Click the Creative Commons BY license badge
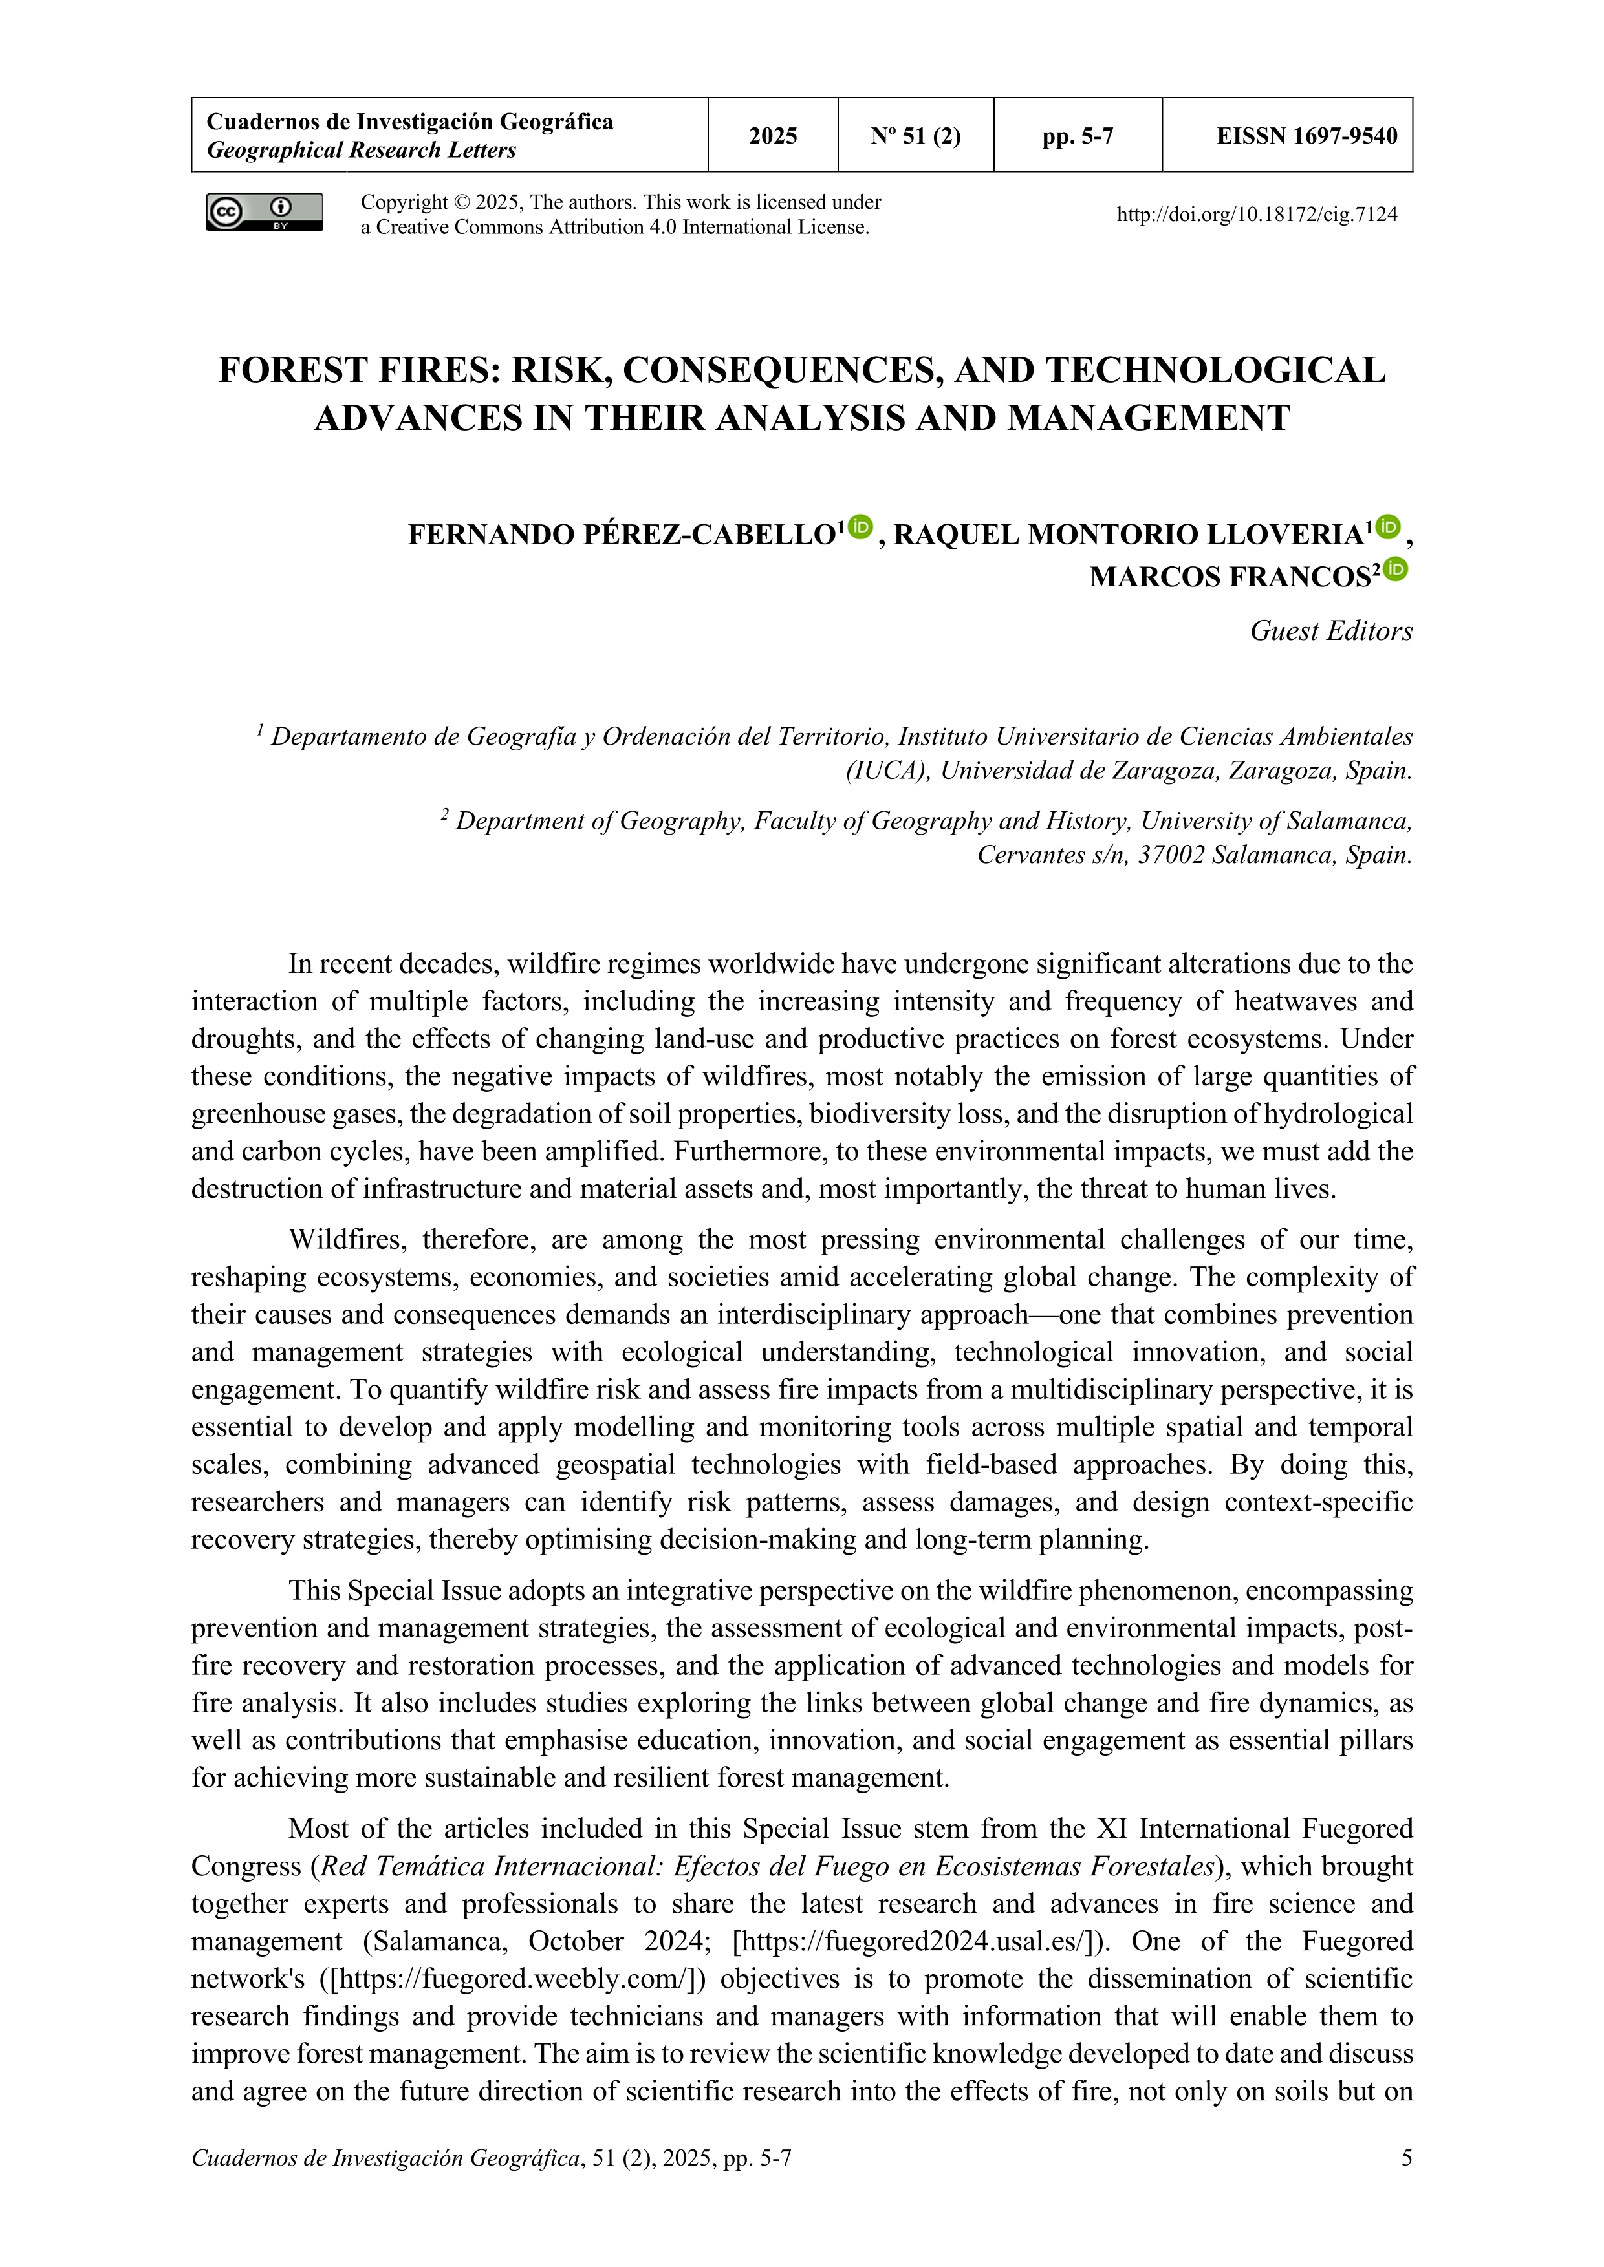[264, 212]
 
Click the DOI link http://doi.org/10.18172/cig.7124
[1256, 214]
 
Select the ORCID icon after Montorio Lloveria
[1389, 527]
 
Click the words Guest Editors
[1330, 631]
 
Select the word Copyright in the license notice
[404, 202]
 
